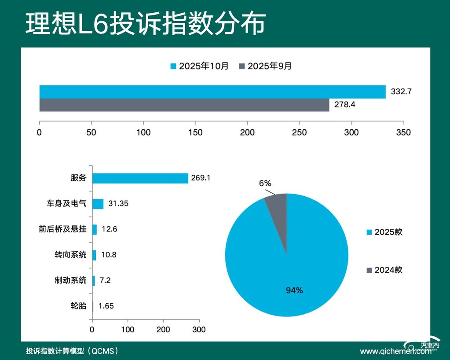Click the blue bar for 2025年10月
(212, 92)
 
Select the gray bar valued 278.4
(184, 105)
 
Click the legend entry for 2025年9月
(265, 66)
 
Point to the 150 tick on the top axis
(196, 132)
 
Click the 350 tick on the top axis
(403, 132)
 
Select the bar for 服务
(140, 178)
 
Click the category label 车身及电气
(67, 204)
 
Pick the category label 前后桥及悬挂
(62, 229)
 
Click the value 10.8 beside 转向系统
(108, 255)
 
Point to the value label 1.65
(106, 306)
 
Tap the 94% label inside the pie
(294, 290)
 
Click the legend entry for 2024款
(384, 270)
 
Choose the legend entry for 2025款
(384, 232)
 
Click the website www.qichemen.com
(395, 351)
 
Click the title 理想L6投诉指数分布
(145, 24)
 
